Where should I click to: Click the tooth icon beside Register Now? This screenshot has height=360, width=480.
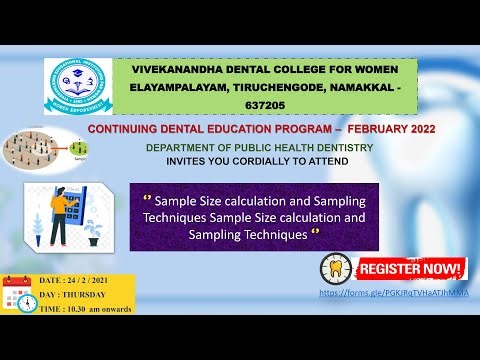336,268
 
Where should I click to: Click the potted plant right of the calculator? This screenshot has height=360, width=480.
94,232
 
